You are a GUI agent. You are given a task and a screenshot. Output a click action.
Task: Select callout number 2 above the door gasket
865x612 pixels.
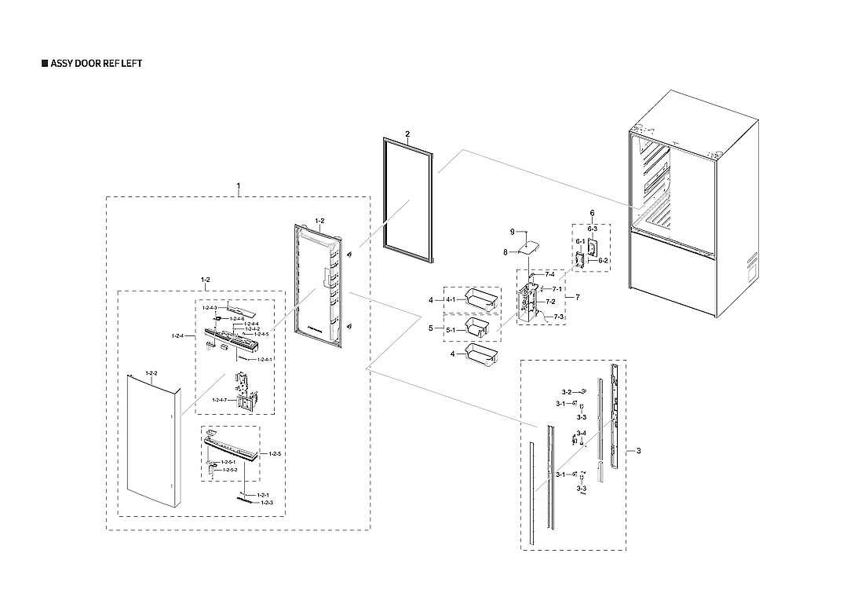pyautogui.click(x=407, y=134)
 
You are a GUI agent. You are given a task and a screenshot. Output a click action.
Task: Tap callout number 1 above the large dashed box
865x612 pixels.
pyautogui.click(x=239, y=186)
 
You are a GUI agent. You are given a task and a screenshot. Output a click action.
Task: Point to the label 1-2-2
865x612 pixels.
pyautogui.click(x=151, y=373)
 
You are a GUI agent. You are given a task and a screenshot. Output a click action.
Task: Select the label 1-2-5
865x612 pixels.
pyautogui.click(x=275, y=454)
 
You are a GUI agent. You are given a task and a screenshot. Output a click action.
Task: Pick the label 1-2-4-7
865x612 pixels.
pyautogui.click(x=220, y=401)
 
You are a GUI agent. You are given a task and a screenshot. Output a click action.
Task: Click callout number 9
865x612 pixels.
pyautogui.click(x=511, y=233)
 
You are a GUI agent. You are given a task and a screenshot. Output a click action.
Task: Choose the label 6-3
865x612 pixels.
pyautogui.click(x=593, y=228)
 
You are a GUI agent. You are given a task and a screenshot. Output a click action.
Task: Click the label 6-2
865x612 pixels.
pyautogui.click(x=603, y=260)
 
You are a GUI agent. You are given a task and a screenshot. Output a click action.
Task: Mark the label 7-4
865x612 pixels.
pyautogui.click(x=549, y=274)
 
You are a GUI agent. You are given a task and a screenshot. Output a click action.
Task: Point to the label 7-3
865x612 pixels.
pyautogui.click(x=559, y=316)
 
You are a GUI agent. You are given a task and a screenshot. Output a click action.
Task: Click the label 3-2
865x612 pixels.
pyautogui.click(x=566, y=390)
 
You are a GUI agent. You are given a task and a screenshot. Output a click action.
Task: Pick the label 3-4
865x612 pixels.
pyautogui.click(x=581, y=434)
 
